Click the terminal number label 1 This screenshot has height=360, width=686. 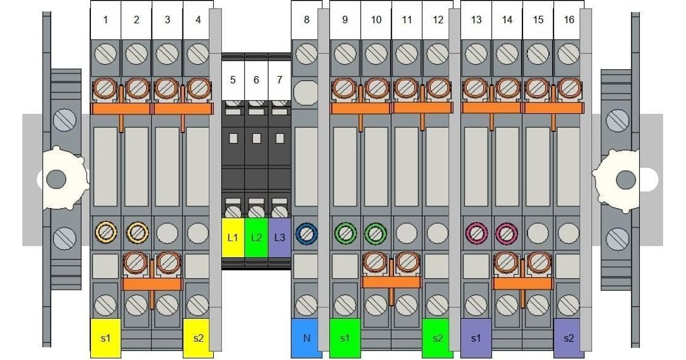point(105,20)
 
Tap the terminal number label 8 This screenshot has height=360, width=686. point(306,20)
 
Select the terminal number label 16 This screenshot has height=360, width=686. point(569,20)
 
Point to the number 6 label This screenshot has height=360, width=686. point(256,80)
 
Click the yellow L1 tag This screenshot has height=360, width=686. point(233,238)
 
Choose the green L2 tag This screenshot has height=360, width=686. point(256,238)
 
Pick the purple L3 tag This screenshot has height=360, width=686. point(280,238)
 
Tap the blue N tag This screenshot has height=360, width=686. point(306,338)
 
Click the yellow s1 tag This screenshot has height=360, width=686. point(106,338)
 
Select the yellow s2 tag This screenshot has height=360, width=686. point(198,338)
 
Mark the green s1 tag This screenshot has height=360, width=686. point(345,338)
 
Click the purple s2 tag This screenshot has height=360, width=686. point(569,338)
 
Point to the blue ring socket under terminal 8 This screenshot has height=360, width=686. point(306,234)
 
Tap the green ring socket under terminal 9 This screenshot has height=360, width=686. point(345,234)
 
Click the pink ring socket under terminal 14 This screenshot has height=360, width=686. point(506,234)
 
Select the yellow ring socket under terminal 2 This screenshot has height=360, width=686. point(138,233)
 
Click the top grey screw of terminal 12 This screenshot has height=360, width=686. point(437,54)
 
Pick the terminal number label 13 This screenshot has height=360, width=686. point(476,20)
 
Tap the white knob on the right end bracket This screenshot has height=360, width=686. point(616,181)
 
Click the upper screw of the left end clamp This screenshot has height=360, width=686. point(65,120)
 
